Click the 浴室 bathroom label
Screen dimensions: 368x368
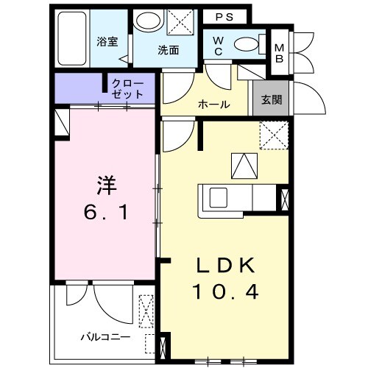click(x=107, y=42)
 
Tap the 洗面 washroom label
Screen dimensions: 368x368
click(x=168, y=51)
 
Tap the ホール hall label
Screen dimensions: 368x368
click(x=214, y=105)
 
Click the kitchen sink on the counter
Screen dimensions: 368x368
click(x=219, y=199)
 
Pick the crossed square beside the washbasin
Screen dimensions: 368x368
click(x=178, y=22)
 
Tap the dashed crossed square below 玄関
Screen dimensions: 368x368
click(x=272, y=135)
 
